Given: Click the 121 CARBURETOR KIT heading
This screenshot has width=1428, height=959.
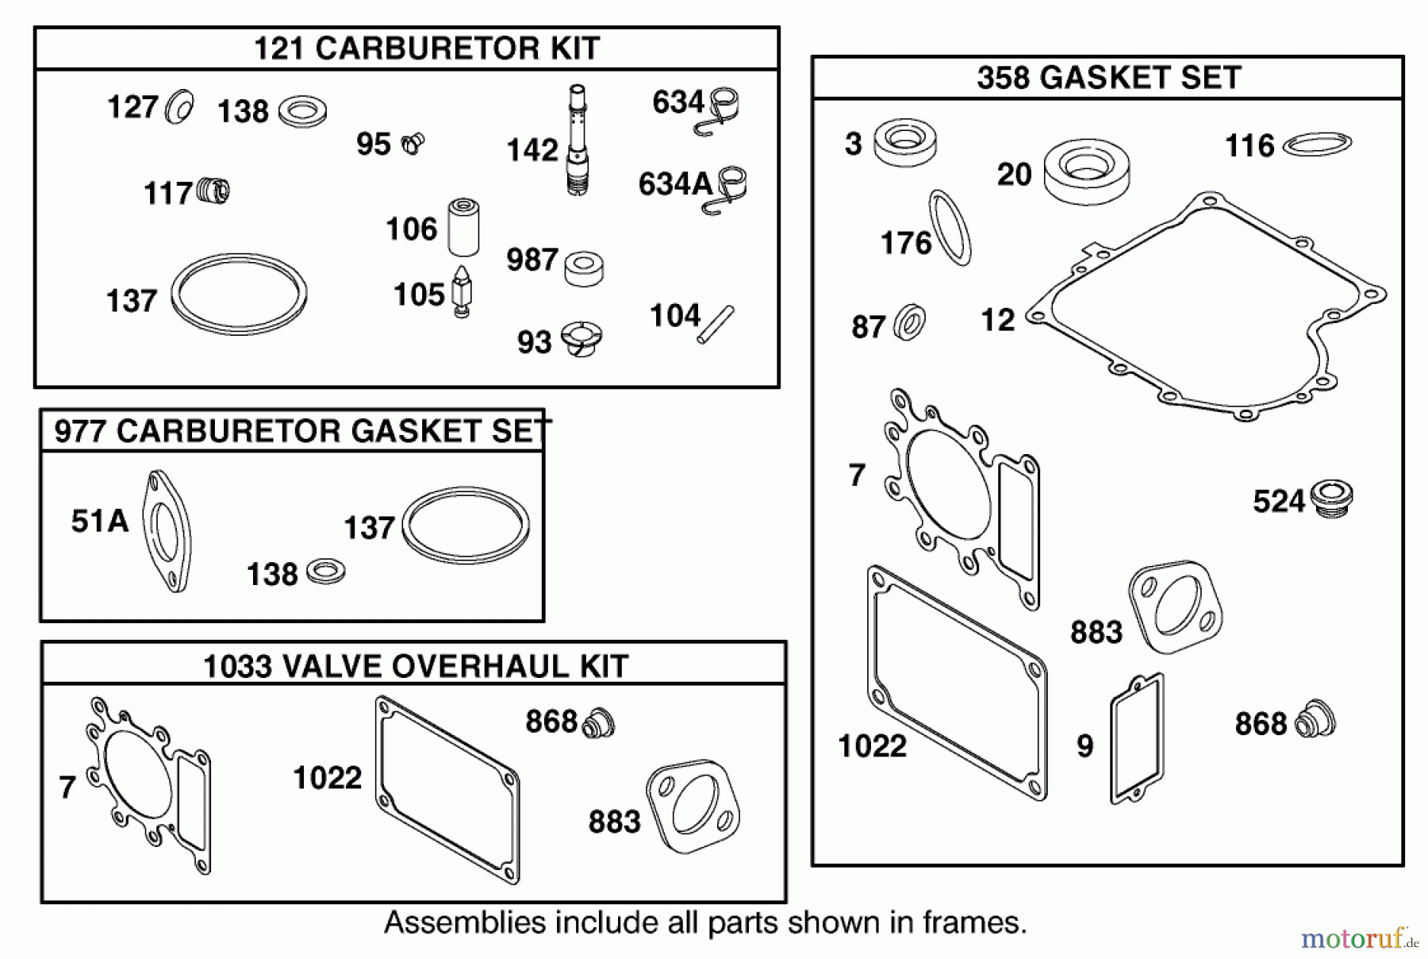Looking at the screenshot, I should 426,48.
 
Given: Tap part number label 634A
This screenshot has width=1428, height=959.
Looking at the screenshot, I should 675,184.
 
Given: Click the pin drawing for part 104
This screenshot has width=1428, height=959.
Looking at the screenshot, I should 716,324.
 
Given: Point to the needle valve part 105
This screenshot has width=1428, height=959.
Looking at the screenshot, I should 461,292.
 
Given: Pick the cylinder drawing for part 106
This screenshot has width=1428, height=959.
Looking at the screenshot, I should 463,228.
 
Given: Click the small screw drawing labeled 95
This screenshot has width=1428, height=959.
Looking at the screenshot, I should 413,144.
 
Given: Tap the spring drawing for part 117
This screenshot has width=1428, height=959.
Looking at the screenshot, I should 213,191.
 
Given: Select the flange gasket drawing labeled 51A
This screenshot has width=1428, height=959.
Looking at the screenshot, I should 167,530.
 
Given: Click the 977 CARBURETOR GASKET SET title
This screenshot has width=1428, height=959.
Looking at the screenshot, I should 300,431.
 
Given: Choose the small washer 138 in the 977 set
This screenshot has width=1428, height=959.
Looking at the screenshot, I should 325,571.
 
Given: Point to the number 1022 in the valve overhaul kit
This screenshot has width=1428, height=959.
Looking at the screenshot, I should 327,778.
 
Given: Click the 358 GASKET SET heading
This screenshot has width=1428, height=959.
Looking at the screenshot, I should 1108,78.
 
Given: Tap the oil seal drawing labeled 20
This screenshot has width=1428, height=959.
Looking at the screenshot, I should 1086,171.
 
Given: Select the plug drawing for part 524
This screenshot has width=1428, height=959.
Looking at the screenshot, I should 1331,499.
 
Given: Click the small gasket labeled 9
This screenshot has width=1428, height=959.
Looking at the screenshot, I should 1137,738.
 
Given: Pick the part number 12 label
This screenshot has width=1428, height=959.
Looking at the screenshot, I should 997,321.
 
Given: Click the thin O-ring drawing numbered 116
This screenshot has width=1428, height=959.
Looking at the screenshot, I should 1317,144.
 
